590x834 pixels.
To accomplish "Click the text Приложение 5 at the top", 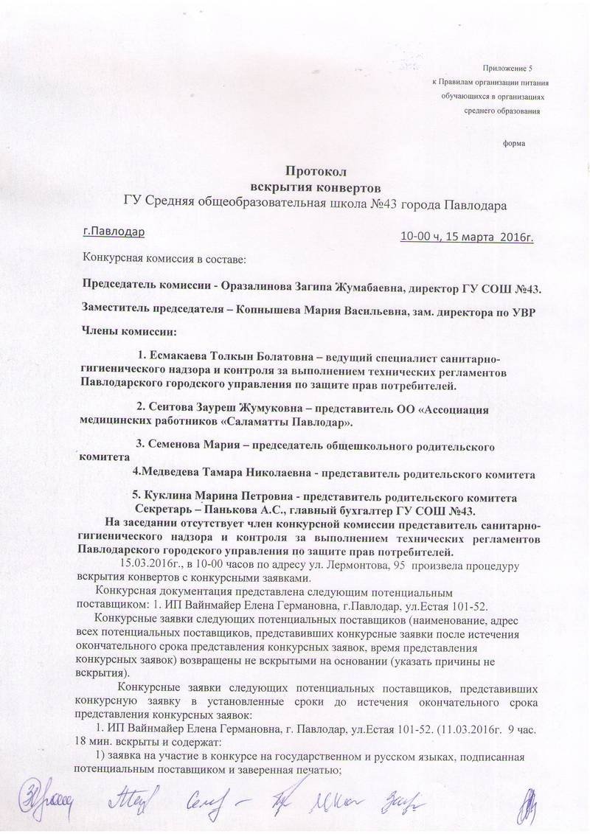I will pos(509,67).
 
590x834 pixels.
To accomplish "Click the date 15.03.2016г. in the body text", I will pos(159,566).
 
